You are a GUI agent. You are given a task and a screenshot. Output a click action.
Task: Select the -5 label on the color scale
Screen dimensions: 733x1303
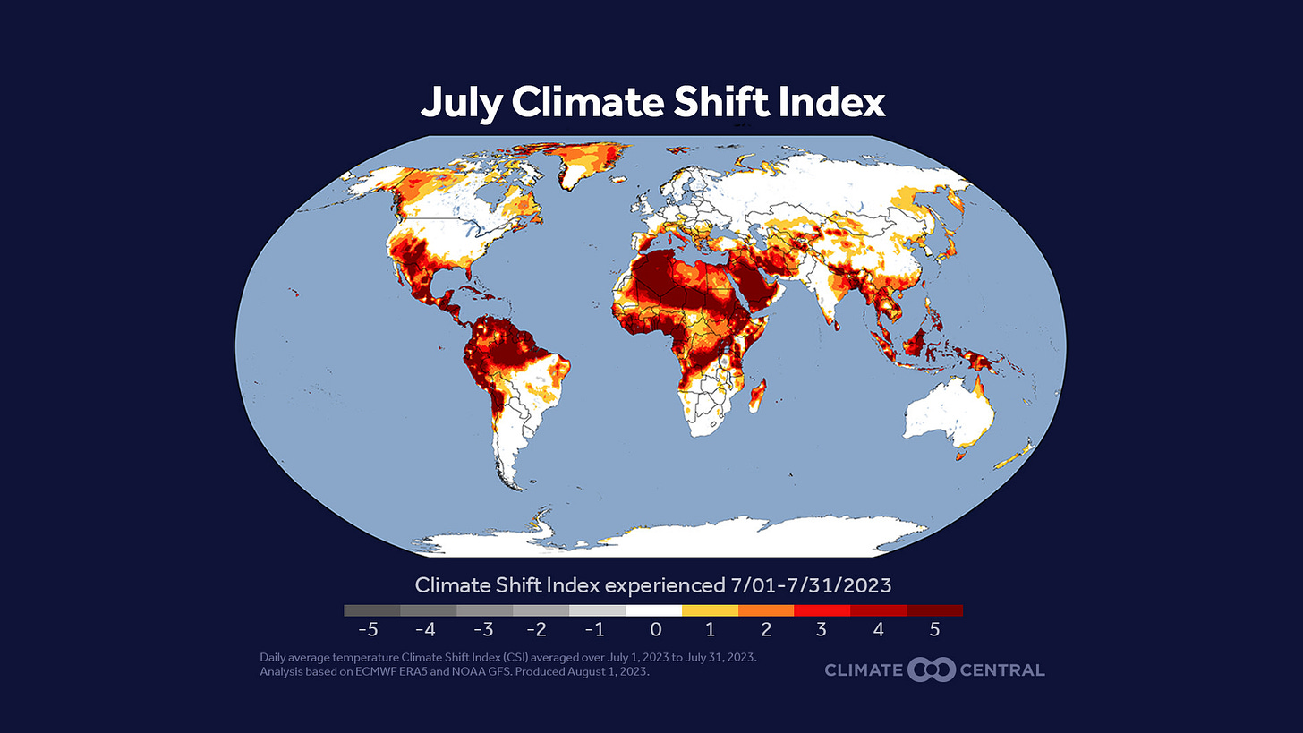coord(368,629)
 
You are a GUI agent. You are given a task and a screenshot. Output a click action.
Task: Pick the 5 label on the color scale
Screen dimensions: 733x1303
coord(934,629)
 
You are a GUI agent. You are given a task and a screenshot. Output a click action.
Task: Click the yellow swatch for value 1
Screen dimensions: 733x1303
coord(710,610)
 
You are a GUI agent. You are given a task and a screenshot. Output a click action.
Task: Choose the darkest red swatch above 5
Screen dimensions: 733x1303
coord(934,610)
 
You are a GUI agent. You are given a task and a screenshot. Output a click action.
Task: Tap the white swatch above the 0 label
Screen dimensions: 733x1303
coord(653,610)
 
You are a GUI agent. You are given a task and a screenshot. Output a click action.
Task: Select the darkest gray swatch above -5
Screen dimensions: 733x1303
coord(372,610)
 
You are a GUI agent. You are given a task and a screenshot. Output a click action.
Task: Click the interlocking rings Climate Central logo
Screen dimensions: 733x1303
coord(932,669)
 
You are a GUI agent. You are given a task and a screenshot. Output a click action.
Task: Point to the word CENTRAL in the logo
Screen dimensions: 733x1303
coord(1001,669)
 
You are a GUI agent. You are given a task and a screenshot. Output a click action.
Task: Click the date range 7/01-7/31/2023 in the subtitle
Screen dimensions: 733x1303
coord(809,585)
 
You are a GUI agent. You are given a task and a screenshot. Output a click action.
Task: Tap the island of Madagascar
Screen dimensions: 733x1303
coord(759,395)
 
